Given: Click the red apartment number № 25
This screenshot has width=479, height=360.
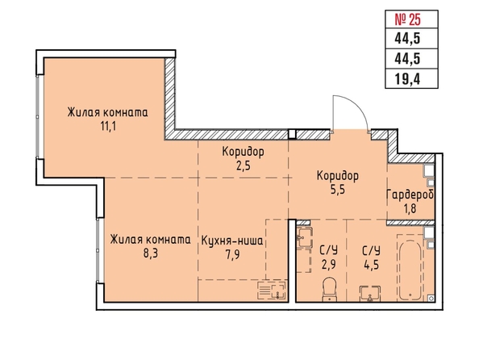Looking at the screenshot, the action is [408, 20].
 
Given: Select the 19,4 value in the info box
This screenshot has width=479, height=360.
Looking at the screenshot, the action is [407, 79].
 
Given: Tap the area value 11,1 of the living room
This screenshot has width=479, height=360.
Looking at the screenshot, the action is [108, 126].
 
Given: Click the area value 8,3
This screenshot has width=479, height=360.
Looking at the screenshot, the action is [151, 253].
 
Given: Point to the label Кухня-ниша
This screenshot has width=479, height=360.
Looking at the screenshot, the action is [232, 241].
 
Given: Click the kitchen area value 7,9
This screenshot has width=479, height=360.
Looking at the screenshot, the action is [232, 254].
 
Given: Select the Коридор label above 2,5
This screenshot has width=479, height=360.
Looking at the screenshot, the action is [244, 152].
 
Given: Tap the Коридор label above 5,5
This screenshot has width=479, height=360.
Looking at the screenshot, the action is [338, 176].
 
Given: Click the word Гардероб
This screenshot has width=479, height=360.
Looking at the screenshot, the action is [410, 195].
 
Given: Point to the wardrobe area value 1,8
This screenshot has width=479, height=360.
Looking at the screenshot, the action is [410, 209].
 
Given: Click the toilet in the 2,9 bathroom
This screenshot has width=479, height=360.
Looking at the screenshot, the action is [329, 289].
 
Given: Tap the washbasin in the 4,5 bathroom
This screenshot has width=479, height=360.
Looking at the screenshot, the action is [370, 294].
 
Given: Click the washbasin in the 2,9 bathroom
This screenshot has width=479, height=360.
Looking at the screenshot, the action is [304, 237].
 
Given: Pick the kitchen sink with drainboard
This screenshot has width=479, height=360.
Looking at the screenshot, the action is [273, 291].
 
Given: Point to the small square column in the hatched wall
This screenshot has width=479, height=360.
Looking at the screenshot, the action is [293, 135].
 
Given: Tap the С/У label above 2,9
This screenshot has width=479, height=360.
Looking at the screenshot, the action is [329, 250].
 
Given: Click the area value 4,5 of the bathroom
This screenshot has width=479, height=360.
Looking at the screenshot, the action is [372, 264].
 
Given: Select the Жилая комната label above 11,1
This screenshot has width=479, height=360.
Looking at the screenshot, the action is [107, 112].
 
